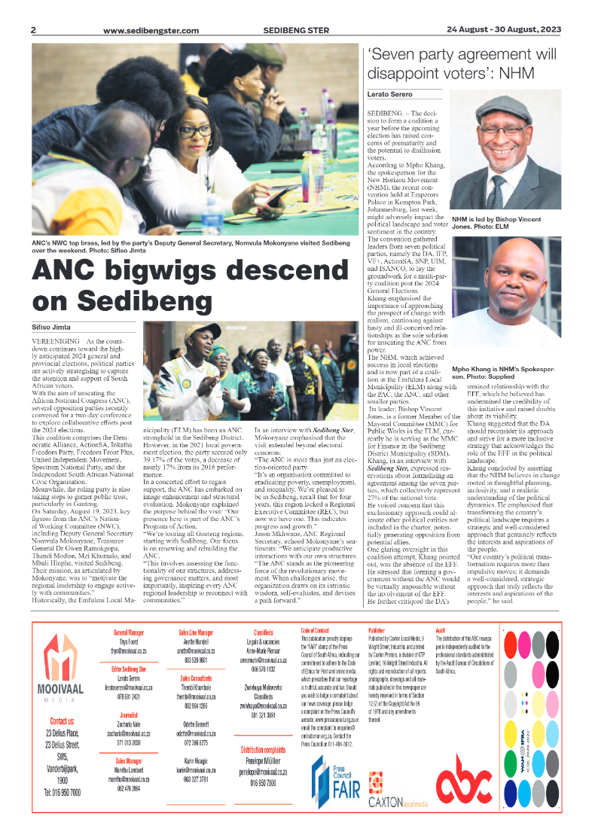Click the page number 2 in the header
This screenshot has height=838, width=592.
(34, 30)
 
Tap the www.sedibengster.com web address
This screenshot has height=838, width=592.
(151, 31)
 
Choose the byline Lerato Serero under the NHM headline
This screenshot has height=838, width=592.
(389, 94)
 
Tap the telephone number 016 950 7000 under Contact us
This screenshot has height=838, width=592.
(63, 793)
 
